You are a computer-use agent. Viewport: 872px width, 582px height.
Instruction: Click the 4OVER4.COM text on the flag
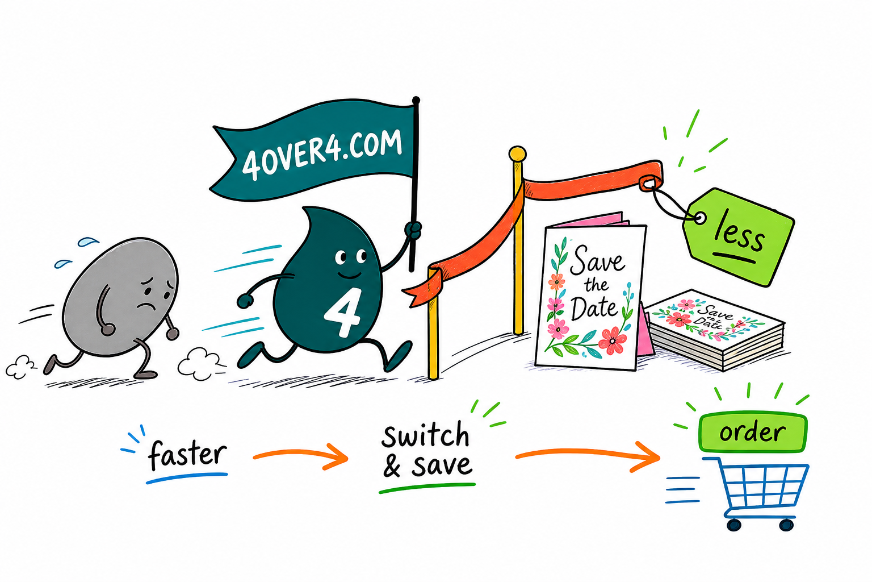322,155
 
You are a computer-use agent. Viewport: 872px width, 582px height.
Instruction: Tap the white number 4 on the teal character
342,313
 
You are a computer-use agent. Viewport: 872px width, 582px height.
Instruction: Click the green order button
753,433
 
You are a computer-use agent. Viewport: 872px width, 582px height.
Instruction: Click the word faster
187,455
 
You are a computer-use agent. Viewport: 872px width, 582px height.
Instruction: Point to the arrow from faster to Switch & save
300,455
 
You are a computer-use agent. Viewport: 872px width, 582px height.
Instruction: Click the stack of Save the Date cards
714,330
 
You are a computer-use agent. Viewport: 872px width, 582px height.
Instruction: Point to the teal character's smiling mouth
349,275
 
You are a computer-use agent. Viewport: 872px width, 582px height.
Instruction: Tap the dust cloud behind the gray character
19,367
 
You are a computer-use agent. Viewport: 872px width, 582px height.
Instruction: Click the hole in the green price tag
699,218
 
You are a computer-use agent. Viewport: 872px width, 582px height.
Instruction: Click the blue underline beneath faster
187,478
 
